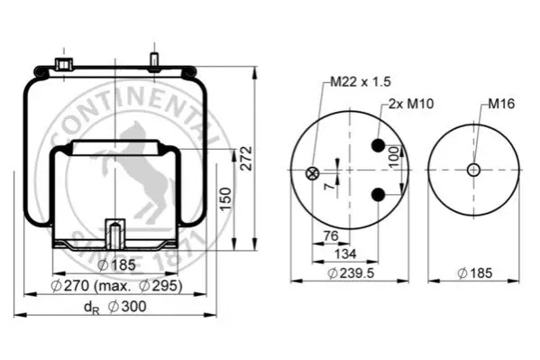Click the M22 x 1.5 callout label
click(361, 82)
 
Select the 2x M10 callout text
click(411, 104)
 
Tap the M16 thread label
click(501, 104)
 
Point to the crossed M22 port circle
click(312, 173)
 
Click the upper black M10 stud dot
click(378, 145)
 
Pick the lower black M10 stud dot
click(378, 195)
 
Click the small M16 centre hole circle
click(473, 170)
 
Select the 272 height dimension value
click(247, 158)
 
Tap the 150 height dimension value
click(225, 199)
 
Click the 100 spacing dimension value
click(394, 157)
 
